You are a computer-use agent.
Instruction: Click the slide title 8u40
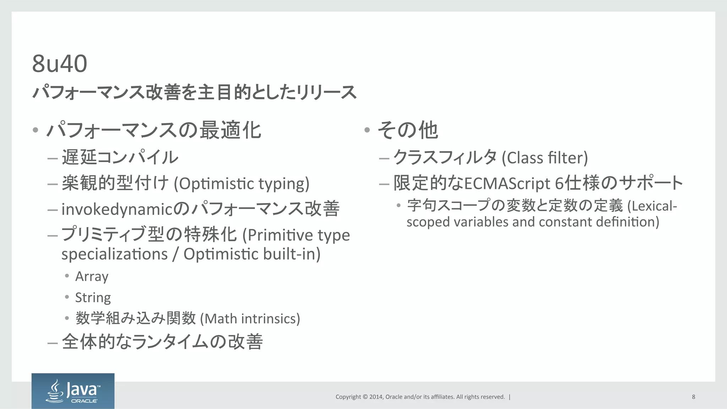point(59,64)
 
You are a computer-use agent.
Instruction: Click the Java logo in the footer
point(73,391)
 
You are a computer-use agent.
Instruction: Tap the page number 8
point(693,397)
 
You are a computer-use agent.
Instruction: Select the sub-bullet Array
point(92,276)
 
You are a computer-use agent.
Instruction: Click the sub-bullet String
point(93,297)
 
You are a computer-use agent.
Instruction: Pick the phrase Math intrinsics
point(250,319)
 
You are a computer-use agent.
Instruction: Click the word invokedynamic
point(117,209)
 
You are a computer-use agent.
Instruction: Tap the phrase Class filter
point(545,158)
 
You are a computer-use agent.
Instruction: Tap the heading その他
point(408,130)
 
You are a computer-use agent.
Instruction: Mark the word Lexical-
point(652,206)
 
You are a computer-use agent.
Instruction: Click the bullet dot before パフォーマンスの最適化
point(35,130)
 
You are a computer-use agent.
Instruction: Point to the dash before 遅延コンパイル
point(52,158)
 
